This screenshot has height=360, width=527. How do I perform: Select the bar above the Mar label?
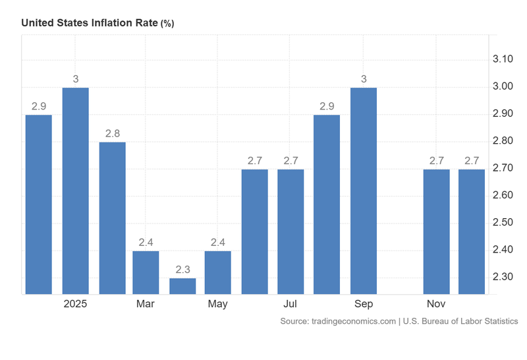pyautogui.click(x=146, y=272)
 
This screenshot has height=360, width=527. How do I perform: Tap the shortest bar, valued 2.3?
pyautogui.click(x=182, y=285)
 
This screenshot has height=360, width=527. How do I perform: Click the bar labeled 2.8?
pyautogui.click(x=112, y=218)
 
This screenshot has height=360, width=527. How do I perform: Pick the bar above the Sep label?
pyautogui.click(x=364, y=191)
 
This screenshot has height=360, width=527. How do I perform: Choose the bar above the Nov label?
pyautogui.click(x=436, y=231)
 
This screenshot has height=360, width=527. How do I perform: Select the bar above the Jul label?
pyautogui.click(x=291, y=231)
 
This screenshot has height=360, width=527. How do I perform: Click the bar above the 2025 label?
pyautogui.click(x=76, y=191)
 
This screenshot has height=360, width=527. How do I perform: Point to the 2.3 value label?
pyautogui.click(x=182, y=270)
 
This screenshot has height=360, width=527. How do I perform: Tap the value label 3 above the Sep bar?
pyautogui.click(x=364, y=79)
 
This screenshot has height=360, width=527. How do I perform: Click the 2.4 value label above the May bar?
pyautogui.click(x=218, y=242)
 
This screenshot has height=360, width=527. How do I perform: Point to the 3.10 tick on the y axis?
pyautogui.click(x=503, y=59)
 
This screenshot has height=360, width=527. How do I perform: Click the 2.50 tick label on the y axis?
pyautogui.click(x=503, y=222)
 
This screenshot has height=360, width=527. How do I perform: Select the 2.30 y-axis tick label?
pyautogui.click(x=503, y=276)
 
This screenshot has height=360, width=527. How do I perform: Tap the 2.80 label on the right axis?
pyautogui.click(x=503, y=141)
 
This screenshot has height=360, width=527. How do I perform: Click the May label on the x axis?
pyautogui.click(x=217, y=304)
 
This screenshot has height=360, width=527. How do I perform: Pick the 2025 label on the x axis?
pyautogui.click(x=76, y=304)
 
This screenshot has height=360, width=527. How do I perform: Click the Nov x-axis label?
pyautogui.click(x=436, y=304)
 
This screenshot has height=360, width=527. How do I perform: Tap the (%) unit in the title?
pyautogui.click(x=167, y=23)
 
